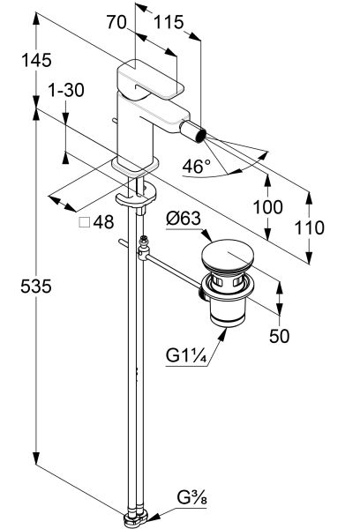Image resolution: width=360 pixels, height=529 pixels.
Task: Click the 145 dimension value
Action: [36, 60]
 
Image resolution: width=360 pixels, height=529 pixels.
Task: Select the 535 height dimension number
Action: [36, 287]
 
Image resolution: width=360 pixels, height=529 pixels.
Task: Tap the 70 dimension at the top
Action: [116, 22]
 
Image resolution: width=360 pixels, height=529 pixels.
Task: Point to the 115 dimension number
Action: [169, 22]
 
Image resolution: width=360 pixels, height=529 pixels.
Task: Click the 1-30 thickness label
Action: [66, 90]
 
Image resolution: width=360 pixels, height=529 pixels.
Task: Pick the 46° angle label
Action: [196, 167]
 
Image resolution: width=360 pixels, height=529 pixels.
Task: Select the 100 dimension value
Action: [268, 207]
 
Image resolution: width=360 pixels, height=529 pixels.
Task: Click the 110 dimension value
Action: [310, 227]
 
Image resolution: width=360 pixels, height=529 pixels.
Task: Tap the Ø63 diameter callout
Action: [184, 219]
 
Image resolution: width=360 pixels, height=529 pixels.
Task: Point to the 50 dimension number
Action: [280, 336]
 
